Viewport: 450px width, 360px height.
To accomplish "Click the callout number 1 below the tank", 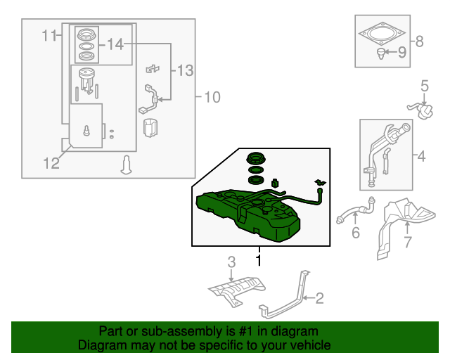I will pos(258,260).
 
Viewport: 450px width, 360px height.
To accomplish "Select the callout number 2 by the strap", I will pos(319,300).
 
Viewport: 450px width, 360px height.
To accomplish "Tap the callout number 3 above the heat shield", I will pos(231,263).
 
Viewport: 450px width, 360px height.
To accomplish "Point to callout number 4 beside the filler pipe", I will pos(420,156).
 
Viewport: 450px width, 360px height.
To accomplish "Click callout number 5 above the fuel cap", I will pos(425,86).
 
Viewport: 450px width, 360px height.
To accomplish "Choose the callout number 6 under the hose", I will pos(355,232).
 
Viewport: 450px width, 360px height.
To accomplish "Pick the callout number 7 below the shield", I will pos(406,243).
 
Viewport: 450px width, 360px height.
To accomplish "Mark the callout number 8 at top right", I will pos(419,41).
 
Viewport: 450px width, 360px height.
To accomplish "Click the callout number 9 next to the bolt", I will pos(402,51).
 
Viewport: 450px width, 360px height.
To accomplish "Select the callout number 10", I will pos(212,96).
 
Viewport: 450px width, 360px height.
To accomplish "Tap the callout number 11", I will pos(49,35).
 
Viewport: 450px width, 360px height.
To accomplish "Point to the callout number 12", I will pos(51,164).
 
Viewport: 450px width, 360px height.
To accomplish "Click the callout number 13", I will pos(184,70).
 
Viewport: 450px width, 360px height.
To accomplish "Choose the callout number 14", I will pos(115,45).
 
